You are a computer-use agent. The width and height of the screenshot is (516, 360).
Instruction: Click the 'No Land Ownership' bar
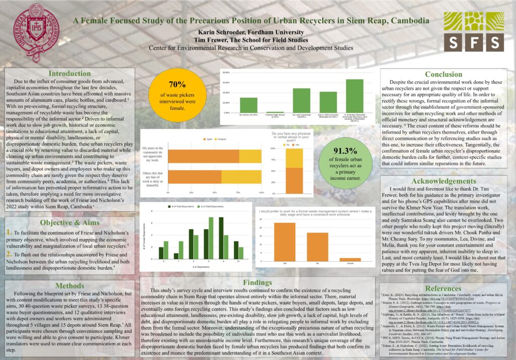point(301,100)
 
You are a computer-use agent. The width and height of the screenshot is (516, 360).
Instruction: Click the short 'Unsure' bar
point(350,259)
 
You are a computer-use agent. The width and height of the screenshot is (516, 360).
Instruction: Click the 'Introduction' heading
point(70,74)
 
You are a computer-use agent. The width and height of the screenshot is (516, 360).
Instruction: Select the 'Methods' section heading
point(70,286)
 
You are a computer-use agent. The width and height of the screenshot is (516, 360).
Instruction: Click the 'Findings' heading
point(257,282)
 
